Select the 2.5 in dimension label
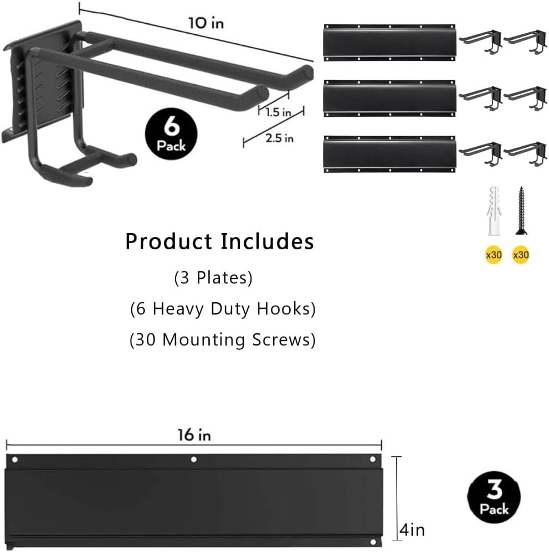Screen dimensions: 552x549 (279, 138)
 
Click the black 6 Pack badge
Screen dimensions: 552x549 (171, 133)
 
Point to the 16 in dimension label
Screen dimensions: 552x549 (194, 435)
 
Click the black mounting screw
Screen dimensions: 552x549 (521, 210)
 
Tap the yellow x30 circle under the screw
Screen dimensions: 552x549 (521, 255)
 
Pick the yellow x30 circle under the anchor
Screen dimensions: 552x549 (492, 255)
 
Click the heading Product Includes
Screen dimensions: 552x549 (219, 241)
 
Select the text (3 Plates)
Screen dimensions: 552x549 (214, 278)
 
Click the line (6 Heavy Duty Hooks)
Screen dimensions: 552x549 (223, 308)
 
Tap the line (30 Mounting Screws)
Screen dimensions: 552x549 (223, 339)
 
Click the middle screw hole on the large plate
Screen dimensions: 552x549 (194, 460)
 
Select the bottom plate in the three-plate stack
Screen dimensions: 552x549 (389, 153)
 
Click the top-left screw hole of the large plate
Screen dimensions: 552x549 (16, 460)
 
